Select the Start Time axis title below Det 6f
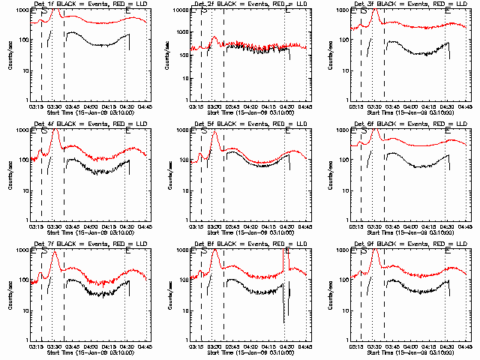(405, 232)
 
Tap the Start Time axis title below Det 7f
(84, 352)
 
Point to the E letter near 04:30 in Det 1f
(128, 11)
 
